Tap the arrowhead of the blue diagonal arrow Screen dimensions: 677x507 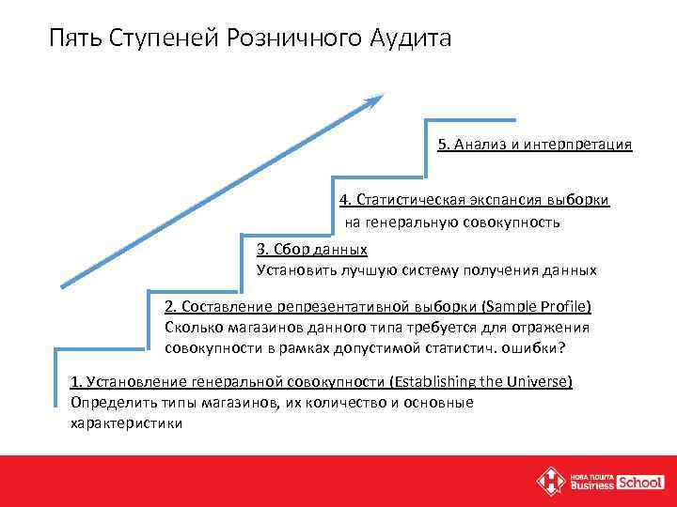[x=377, y=99]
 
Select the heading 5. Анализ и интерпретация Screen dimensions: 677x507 [x=534, y=145]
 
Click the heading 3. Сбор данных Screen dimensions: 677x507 [x=311, y=249]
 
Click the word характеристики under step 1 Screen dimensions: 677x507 [x=127, y=423]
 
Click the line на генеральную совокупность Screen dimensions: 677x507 [x=451, y=223]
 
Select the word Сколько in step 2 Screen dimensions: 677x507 [x=190, y=327]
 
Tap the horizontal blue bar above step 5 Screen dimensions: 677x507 [x=471, y=119]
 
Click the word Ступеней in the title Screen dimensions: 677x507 [x=165, y=38]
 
